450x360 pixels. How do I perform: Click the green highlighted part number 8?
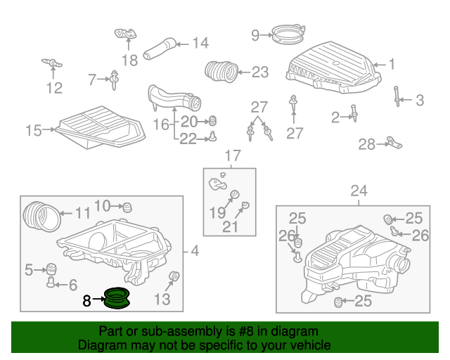(117, 299)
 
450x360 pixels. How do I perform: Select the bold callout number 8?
(86, 301)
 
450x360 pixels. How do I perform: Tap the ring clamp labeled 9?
(288, 34)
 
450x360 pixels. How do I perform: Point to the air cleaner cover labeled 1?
(333, 67)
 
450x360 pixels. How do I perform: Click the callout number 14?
(200, 43)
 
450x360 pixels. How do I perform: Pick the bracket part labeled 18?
(125, 34)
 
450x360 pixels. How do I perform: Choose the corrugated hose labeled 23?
(221, 72)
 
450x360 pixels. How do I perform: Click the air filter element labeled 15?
(101, 127)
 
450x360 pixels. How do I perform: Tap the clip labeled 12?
(52, 63)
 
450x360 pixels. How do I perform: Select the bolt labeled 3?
(397, 96)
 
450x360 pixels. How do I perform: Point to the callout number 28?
(366, 144)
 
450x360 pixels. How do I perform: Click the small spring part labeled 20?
(212, 121)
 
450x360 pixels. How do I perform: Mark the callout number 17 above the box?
(233, 155)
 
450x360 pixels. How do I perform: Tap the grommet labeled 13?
(174, 276)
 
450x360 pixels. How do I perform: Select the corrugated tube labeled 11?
(42, 217)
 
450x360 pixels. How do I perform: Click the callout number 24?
(359, 191)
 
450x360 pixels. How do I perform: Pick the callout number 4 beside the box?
(195, 251)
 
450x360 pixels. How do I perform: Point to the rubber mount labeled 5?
(51, 269)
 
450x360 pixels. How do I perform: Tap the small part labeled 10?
(127, 207)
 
